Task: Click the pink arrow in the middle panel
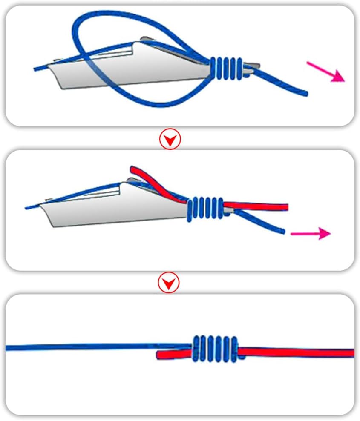tap(310, 233)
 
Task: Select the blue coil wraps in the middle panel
tap(206, 209)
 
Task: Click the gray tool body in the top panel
tap(128, 70)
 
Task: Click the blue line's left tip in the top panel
tap(36, 69)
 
